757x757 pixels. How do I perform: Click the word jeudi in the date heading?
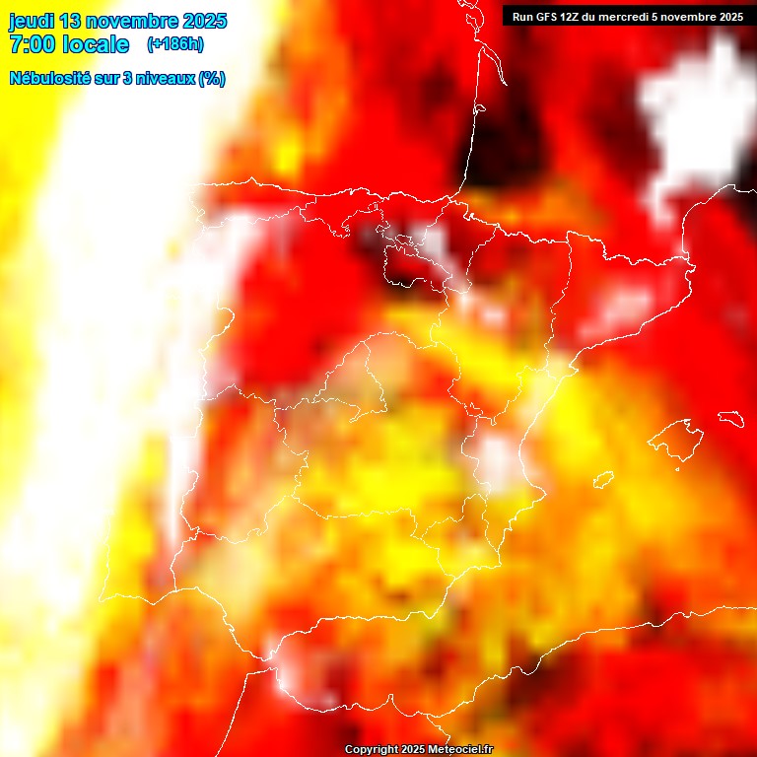(35, 21)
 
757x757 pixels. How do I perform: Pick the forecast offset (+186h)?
(174, 44)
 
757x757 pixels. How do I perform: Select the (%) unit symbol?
(212, 79)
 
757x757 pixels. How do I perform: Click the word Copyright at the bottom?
(371, 750)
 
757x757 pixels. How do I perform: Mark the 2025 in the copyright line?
(413, 750)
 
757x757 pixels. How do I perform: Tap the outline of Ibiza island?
(603, 480)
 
